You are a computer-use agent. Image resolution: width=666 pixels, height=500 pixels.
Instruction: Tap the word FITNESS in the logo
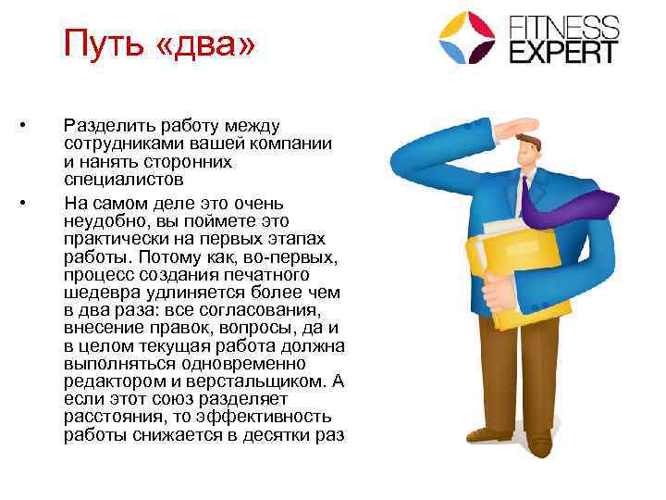tap(565, 24)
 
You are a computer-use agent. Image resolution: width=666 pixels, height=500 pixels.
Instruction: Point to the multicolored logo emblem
tap(467, 37)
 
